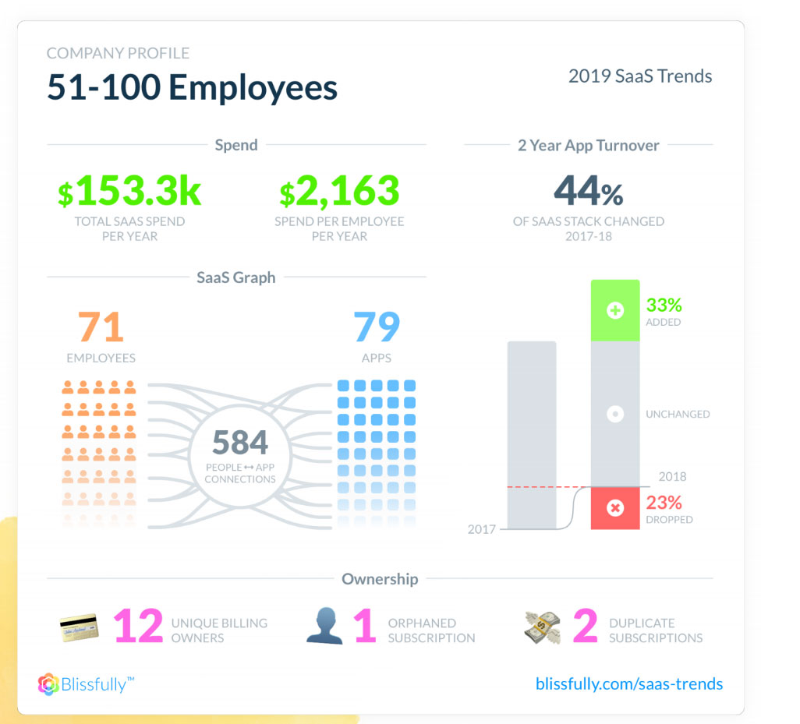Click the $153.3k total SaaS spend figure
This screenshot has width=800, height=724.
tap(129, 192)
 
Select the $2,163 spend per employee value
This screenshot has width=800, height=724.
tap(339, 192)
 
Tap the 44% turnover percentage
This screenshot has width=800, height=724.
tap(589, 192)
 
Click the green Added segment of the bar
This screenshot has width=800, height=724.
tap(615, 310)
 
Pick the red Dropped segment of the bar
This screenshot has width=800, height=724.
tap(615, 508)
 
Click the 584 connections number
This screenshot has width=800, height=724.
tap(240, 443)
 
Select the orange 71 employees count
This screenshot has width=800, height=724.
tap(101, 328)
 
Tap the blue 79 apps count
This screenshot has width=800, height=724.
tap(377, 328)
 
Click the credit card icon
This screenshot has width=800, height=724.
tap(80, 626)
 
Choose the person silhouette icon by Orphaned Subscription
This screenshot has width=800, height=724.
tap(325, 626)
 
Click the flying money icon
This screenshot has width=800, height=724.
tap(543, 627)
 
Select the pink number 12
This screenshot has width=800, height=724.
tap(138, 627)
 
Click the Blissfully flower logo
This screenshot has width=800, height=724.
tap(48, 684)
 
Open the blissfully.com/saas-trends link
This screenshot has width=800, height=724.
tap(629, 684)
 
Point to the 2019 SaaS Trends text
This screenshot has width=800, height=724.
tap(640, 76)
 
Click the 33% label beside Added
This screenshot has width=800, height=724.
tap(664, 305)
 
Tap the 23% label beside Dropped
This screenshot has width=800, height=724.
tap(664, 503)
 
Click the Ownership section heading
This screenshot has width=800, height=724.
tap(380, 579)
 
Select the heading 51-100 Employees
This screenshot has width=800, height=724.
tap(192, 87)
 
